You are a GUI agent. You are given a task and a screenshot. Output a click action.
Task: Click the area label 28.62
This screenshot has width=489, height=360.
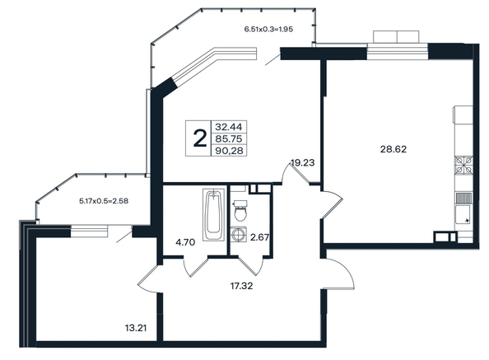(x=394, y=149)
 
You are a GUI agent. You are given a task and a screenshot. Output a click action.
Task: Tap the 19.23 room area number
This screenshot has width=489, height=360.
(x=302, y=163)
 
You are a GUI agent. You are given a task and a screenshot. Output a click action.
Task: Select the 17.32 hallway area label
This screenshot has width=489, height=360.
(x=241, y=286)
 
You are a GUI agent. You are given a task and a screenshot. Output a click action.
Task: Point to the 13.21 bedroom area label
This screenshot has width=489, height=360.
(x=136, y=328)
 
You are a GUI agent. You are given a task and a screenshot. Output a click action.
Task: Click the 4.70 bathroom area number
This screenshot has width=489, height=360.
(x=185, y=242)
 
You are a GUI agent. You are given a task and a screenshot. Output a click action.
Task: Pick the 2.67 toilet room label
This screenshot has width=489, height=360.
(x=259, y=238)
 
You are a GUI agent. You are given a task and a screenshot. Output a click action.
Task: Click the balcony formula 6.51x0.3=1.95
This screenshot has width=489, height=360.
(x=268, y=30)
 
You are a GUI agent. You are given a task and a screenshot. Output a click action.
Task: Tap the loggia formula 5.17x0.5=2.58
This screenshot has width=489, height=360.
(x=104, y=201)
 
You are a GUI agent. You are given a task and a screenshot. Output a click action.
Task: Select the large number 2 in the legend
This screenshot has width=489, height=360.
(x=200, y=138)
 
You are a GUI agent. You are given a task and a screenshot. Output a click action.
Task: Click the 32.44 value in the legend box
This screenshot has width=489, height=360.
(x=229, y=127)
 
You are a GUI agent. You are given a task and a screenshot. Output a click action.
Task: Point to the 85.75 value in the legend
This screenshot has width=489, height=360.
(x=229, y=139)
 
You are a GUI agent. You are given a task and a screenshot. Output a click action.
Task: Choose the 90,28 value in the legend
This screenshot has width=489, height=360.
(x=229, y=151)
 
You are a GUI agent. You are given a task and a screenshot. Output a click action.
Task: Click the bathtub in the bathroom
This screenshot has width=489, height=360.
(x=213, y=214)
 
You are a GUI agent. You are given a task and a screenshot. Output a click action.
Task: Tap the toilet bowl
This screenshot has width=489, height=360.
(x=240, y=211)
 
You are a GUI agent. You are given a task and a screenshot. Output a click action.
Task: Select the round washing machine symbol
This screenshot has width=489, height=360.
(x=239, y=234)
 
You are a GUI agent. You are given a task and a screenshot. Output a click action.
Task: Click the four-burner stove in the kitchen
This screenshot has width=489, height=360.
(x=463, y=165)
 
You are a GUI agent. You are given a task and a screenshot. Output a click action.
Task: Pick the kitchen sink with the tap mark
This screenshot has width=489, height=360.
(x=463, y=215)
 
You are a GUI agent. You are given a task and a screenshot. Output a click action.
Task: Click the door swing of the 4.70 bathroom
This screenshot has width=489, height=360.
(x=195, y=267)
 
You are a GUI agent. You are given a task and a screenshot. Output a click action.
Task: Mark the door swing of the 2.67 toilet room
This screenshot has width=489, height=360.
(x=250, y=266)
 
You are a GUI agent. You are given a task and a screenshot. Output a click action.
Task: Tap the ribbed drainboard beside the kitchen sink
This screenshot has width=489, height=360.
(x=464, y=198)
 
